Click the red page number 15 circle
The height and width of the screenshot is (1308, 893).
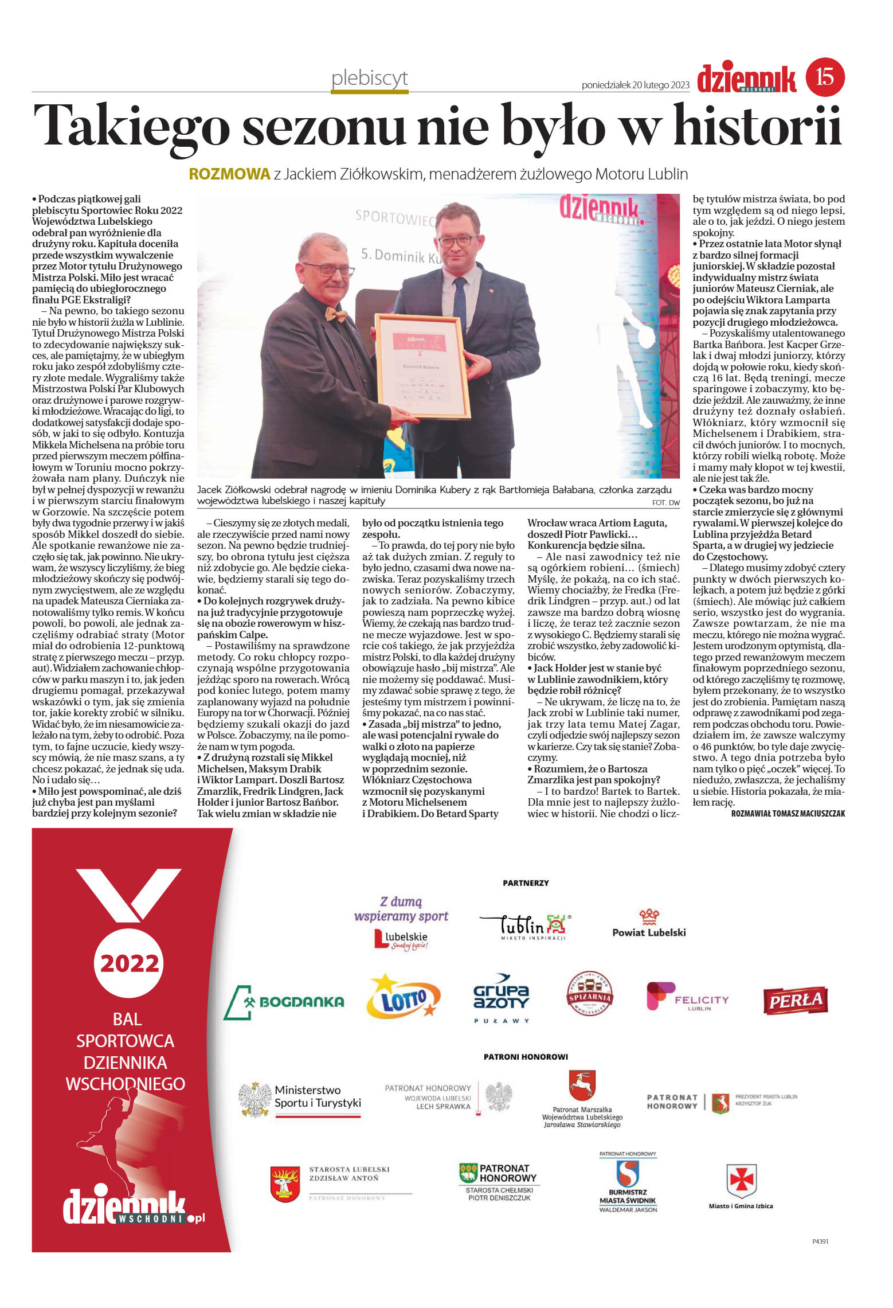(825, 77)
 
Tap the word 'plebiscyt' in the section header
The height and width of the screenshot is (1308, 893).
(370, 78)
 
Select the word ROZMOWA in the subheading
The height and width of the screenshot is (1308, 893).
(229, 174)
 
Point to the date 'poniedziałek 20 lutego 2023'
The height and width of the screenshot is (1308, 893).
(635, 85)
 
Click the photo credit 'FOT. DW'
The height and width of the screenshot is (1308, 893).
(665, 502)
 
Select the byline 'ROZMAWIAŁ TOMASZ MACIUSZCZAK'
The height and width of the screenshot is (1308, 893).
(788, 813)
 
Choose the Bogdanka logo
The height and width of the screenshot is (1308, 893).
(284, 1002)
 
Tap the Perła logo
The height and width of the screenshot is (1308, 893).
(795, 1001)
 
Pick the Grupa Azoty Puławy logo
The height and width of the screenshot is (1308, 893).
(501, 998)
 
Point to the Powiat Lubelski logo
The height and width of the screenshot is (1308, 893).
(649, 924)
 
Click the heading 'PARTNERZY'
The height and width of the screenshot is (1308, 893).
(526, 883)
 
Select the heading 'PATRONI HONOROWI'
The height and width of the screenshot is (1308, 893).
(526, 1056)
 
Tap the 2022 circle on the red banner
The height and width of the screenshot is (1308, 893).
(129, 963)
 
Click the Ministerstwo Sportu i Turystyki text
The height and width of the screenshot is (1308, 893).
(318, 1096)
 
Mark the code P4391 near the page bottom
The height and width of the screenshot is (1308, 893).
(820, 1241)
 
